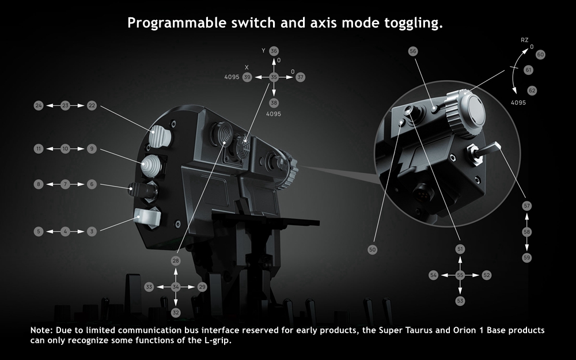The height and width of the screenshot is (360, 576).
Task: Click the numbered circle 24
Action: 39,106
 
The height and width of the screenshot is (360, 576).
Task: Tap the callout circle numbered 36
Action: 274,51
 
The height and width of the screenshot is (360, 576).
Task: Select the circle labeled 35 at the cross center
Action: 274,77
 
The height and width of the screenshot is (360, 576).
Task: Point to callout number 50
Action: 373,250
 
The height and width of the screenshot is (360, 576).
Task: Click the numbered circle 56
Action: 413,51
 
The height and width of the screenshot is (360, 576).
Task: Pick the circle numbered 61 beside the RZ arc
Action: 528,70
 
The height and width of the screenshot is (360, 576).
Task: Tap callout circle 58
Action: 527,232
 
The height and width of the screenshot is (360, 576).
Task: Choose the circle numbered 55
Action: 460,275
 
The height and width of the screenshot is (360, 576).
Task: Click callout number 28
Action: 176,261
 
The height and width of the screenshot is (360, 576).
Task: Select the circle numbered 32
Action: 176,313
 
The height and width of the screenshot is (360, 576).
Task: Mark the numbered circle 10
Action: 65,149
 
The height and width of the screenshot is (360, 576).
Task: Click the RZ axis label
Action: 525,40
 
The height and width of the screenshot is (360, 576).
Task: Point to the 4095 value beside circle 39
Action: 232,77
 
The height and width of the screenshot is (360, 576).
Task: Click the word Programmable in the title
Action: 177,23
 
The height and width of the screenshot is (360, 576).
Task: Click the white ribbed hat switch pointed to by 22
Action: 160,136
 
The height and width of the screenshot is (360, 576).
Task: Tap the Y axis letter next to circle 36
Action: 263,51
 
